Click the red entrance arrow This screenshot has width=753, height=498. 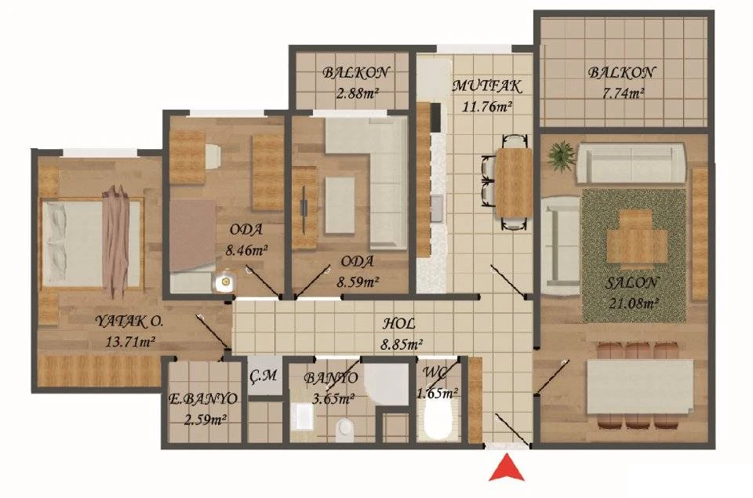tap(506, 468)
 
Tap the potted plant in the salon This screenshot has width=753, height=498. tap(561, 154)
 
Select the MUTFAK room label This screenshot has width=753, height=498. tap(487, 86)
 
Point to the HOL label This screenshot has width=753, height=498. tap(398, 324)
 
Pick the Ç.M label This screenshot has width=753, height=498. tap(264, 376)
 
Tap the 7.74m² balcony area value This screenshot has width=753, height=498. tap(623, 93)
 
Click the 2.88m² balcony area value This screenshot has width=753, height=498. tap(358, 93)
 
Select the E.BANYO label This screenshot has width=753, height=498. tap(203, 398)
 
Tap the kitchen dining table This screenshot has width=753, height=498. tap(513, 183)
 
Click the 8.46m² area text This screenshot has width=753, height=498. tap(247, 250)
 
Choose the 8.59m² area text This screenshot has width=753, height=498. tap(358, 282)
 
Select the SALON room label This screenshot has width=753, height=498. tap(631, 282)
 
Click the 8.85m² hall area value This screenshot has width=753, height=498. tap(402, 344)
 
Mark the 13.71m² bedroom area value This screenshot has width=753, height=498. tap(130, 342)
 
